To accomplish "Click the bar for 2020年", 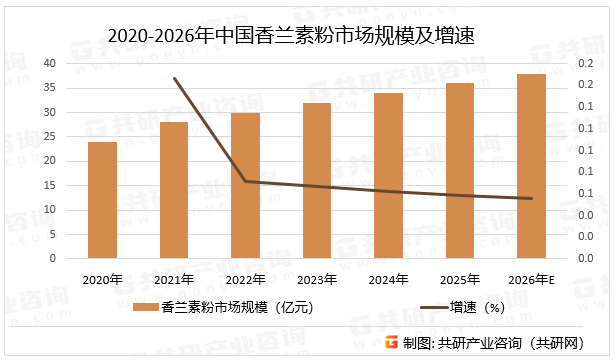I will (102, 200).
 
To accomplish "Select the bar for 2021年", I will (174, 190).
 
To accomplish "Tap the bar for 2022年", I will (245, 185).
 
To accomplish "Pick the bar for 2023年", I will (317, 180).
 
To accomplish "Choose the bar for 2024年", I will (389, 175).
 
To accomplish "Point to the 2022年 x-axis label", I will (245, 279).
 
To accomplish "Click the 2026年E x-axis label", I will (532, 279).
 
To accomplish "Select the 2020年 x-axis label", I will (102, 279).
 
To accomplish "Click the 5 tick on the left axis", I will (51, 234).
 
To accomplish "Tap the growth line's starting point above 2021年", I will (175, 79).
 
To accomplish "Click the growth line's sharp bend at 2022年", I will (245, 181).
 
